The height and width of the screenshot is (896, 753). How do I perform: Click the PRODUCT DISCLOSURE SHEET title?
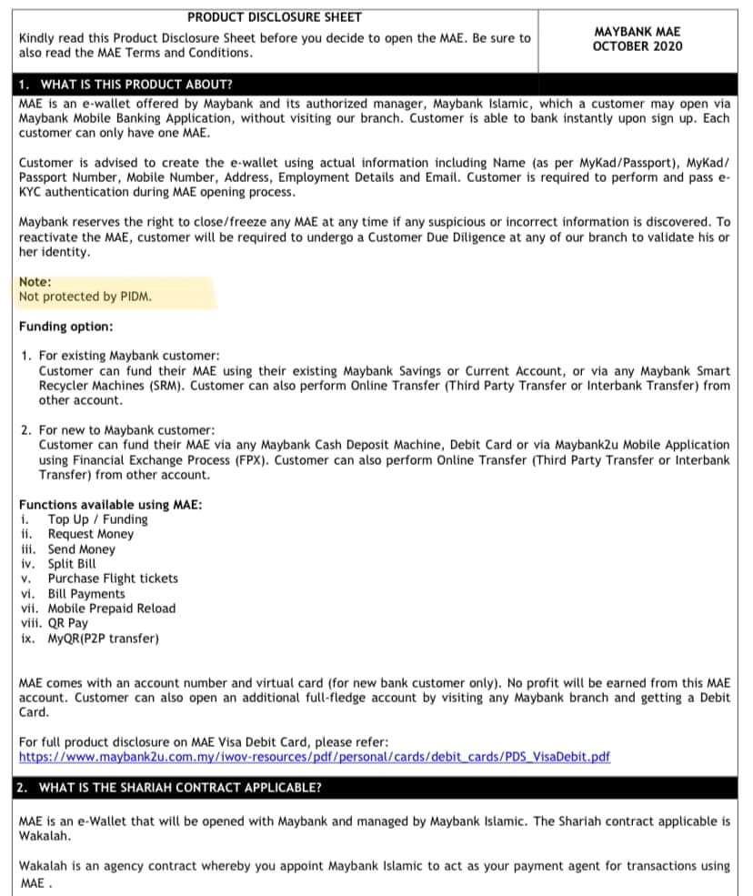tap(274, 16)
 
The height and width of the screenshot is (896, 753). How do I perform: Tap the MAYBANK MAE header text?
tap(637, 31)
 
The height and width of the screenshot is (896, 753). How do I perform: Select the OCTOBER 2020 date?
tap(637, 45)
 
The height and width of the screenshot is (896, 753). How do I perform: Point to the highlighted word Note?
tap(35, 282)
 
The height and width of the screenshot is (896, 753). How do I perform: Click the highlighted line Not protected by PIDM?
tap(85, 297)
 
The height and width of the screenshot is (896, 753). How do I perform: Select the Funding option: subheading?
tap(66, 326)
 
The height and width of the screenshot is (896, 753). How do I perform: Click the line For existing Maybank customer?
tap(129, 356)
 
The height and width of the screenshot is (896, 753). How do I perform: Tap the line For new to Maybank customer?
tap(126, 429)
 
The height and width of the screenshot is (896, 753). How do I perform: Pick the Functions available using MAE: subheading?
tap(110, 505)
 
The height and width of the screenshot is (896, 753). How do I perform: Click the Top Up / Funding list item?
tap(97, 519)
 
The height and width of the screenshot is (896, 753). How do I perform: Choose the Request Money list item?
tap(90, 534)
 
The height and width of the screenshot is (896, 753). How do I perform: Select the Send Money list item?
tap(82, 549)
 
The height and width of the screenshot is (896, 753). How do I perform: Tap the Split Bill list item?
tap(72, 564)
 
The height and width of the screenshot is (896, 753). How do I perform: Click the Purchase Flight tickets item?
tap(113, 579)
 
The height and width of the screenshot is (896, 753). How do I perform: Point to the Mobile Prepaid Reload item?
tap(112, 609)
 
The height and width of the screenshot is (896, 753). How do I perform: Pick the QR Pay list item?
tap(68, 623)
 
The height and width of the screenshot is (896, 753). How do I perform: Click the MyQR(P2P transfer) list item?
tap(103, 639)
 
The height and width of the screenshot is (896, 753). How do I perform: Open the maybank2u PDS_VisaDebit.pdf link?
tap(315, 757)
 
